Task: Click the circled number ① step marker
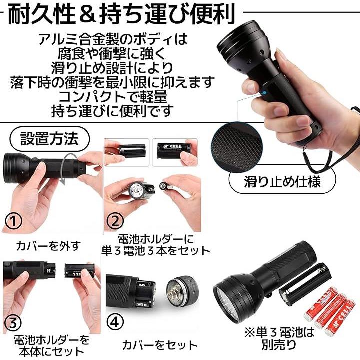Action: point(14,221)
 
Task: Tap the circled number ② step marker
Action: point(115,221)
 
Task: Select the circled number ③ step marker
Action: point(13,323)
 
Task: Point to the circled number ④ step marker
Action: point(115,322)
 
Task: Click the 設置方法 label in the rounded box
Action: point(49,139)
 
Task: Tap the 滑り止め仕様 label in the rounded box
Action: point(282,182)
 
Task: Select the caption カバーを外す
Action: point(49,246)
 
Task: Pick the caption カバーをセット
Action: point(160,345)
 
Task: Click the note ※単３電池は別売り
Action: point(279,338)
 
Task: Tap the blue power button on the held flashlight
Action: point(265,93)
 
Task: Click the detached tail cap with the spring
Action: point(182,292)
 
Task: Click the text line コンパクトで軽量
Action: point(112,96)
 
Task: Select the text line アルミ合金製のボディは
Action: point(113,39)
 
